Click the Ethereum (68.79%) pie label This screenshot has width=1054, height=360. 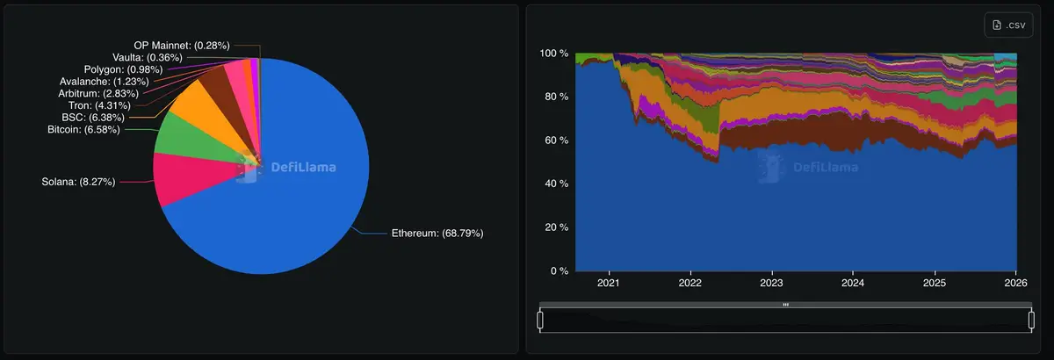tap(437, 234)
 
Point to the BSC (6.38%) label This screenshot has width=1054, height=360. tap(92, 117)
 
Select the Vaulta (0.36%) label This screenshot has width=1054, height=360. tap(148, 57)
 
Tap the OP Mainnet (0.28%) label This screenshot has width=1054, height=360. tap(183, 45)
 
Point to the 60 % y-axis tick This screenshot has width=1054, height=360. tap(554, 140)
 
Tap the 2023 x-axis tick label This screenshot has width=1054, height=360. tap(771, 284)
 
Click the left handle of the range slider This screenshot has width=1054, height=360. tap(540, 320)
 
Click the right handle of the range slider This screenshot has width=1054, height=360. tap(1031, 320)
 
